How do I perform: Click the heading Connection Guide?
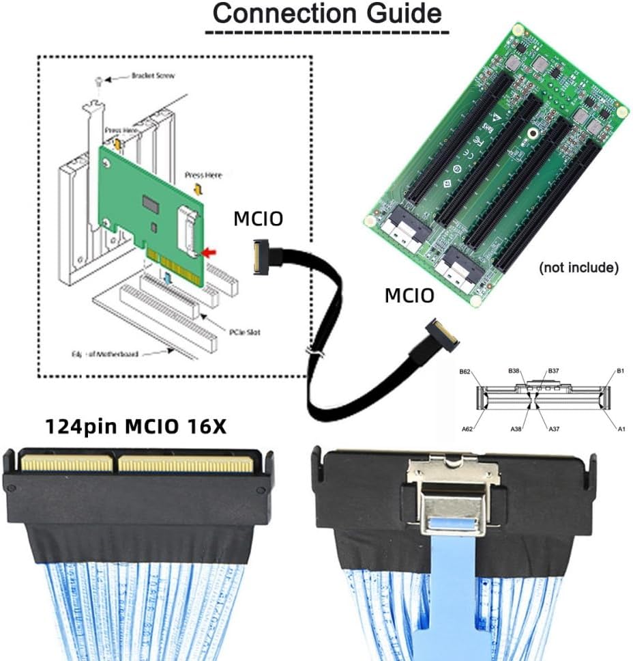[x=327, y=14]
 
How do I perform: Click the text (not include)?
[x=578, y=268]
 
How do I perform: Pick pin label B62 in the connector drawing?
[x=465, y=372]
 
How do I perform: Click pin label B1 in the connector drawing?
[x=621, y=371]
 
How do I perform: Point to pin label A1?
[x=621, y=429]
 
